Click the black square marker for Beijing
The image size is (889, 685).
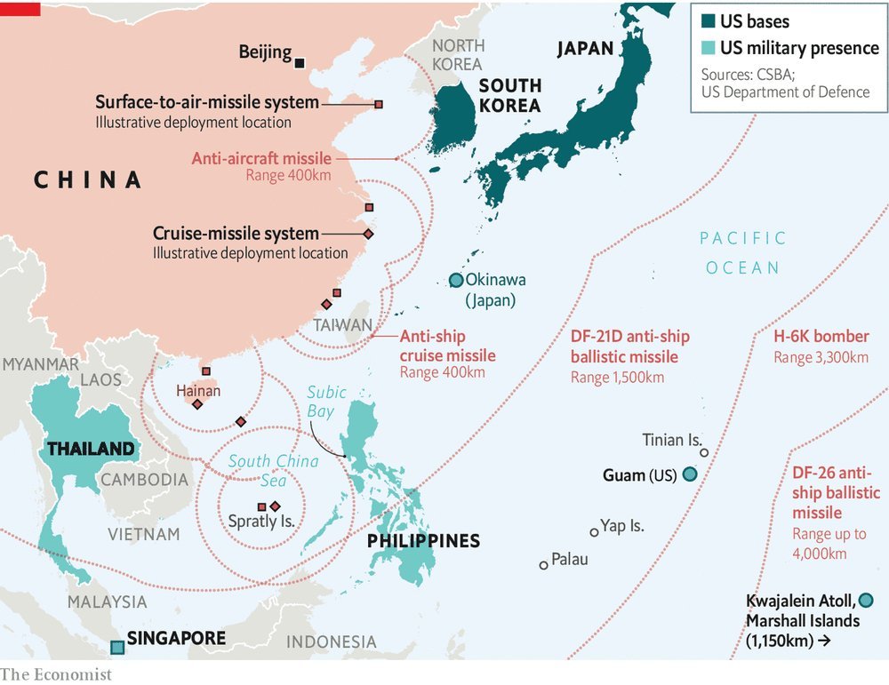pos(300,62)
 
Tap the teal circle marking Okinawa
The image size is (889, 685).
pos(456,280)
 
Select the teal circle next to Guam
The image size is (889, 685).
pos(689,475)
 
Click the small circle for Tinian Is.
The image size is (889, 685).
pos(704,452)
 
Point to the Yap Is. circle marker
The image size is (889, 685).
pos(594,532)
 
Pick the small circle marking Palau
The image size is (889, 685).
pos(543,565)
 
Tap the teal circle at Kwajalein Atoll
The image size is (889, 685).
pos(866,600)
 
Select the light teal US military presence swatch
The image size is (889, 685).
pos(709,49)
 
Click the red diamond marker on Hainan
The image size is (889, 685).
pos(197,404)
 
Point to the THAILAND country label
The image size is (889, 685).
pos(91,449)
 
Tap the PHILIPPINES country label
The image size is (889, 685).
pos(423,540)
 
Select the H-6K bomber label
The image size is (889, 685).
pos(821,337)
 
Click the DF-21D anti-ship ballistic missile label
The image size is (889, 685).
pos(629,347)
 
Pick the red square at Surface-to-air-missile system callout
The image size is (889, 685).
pos(379,105)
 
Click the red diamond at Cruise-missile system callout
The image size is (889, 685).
pos(368,234)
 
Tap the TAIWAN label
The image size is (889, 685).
pos(342,326)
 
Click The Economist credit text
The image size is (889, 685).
pos(56,674)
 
